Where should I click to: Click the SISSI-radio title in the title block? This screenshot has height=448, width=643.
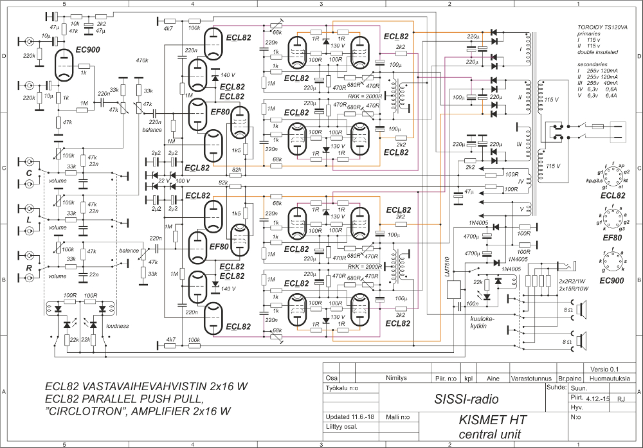(466, 399)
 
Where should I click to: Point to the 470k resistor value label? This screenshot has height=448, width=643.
(142, 61)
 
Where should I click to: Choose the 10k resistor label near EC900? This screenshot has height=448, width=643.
(75, 23)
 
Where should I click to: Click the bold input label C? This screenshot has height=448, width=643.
(29, 172)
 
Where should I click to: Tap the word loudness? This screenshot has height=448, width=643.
(118, 326)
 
